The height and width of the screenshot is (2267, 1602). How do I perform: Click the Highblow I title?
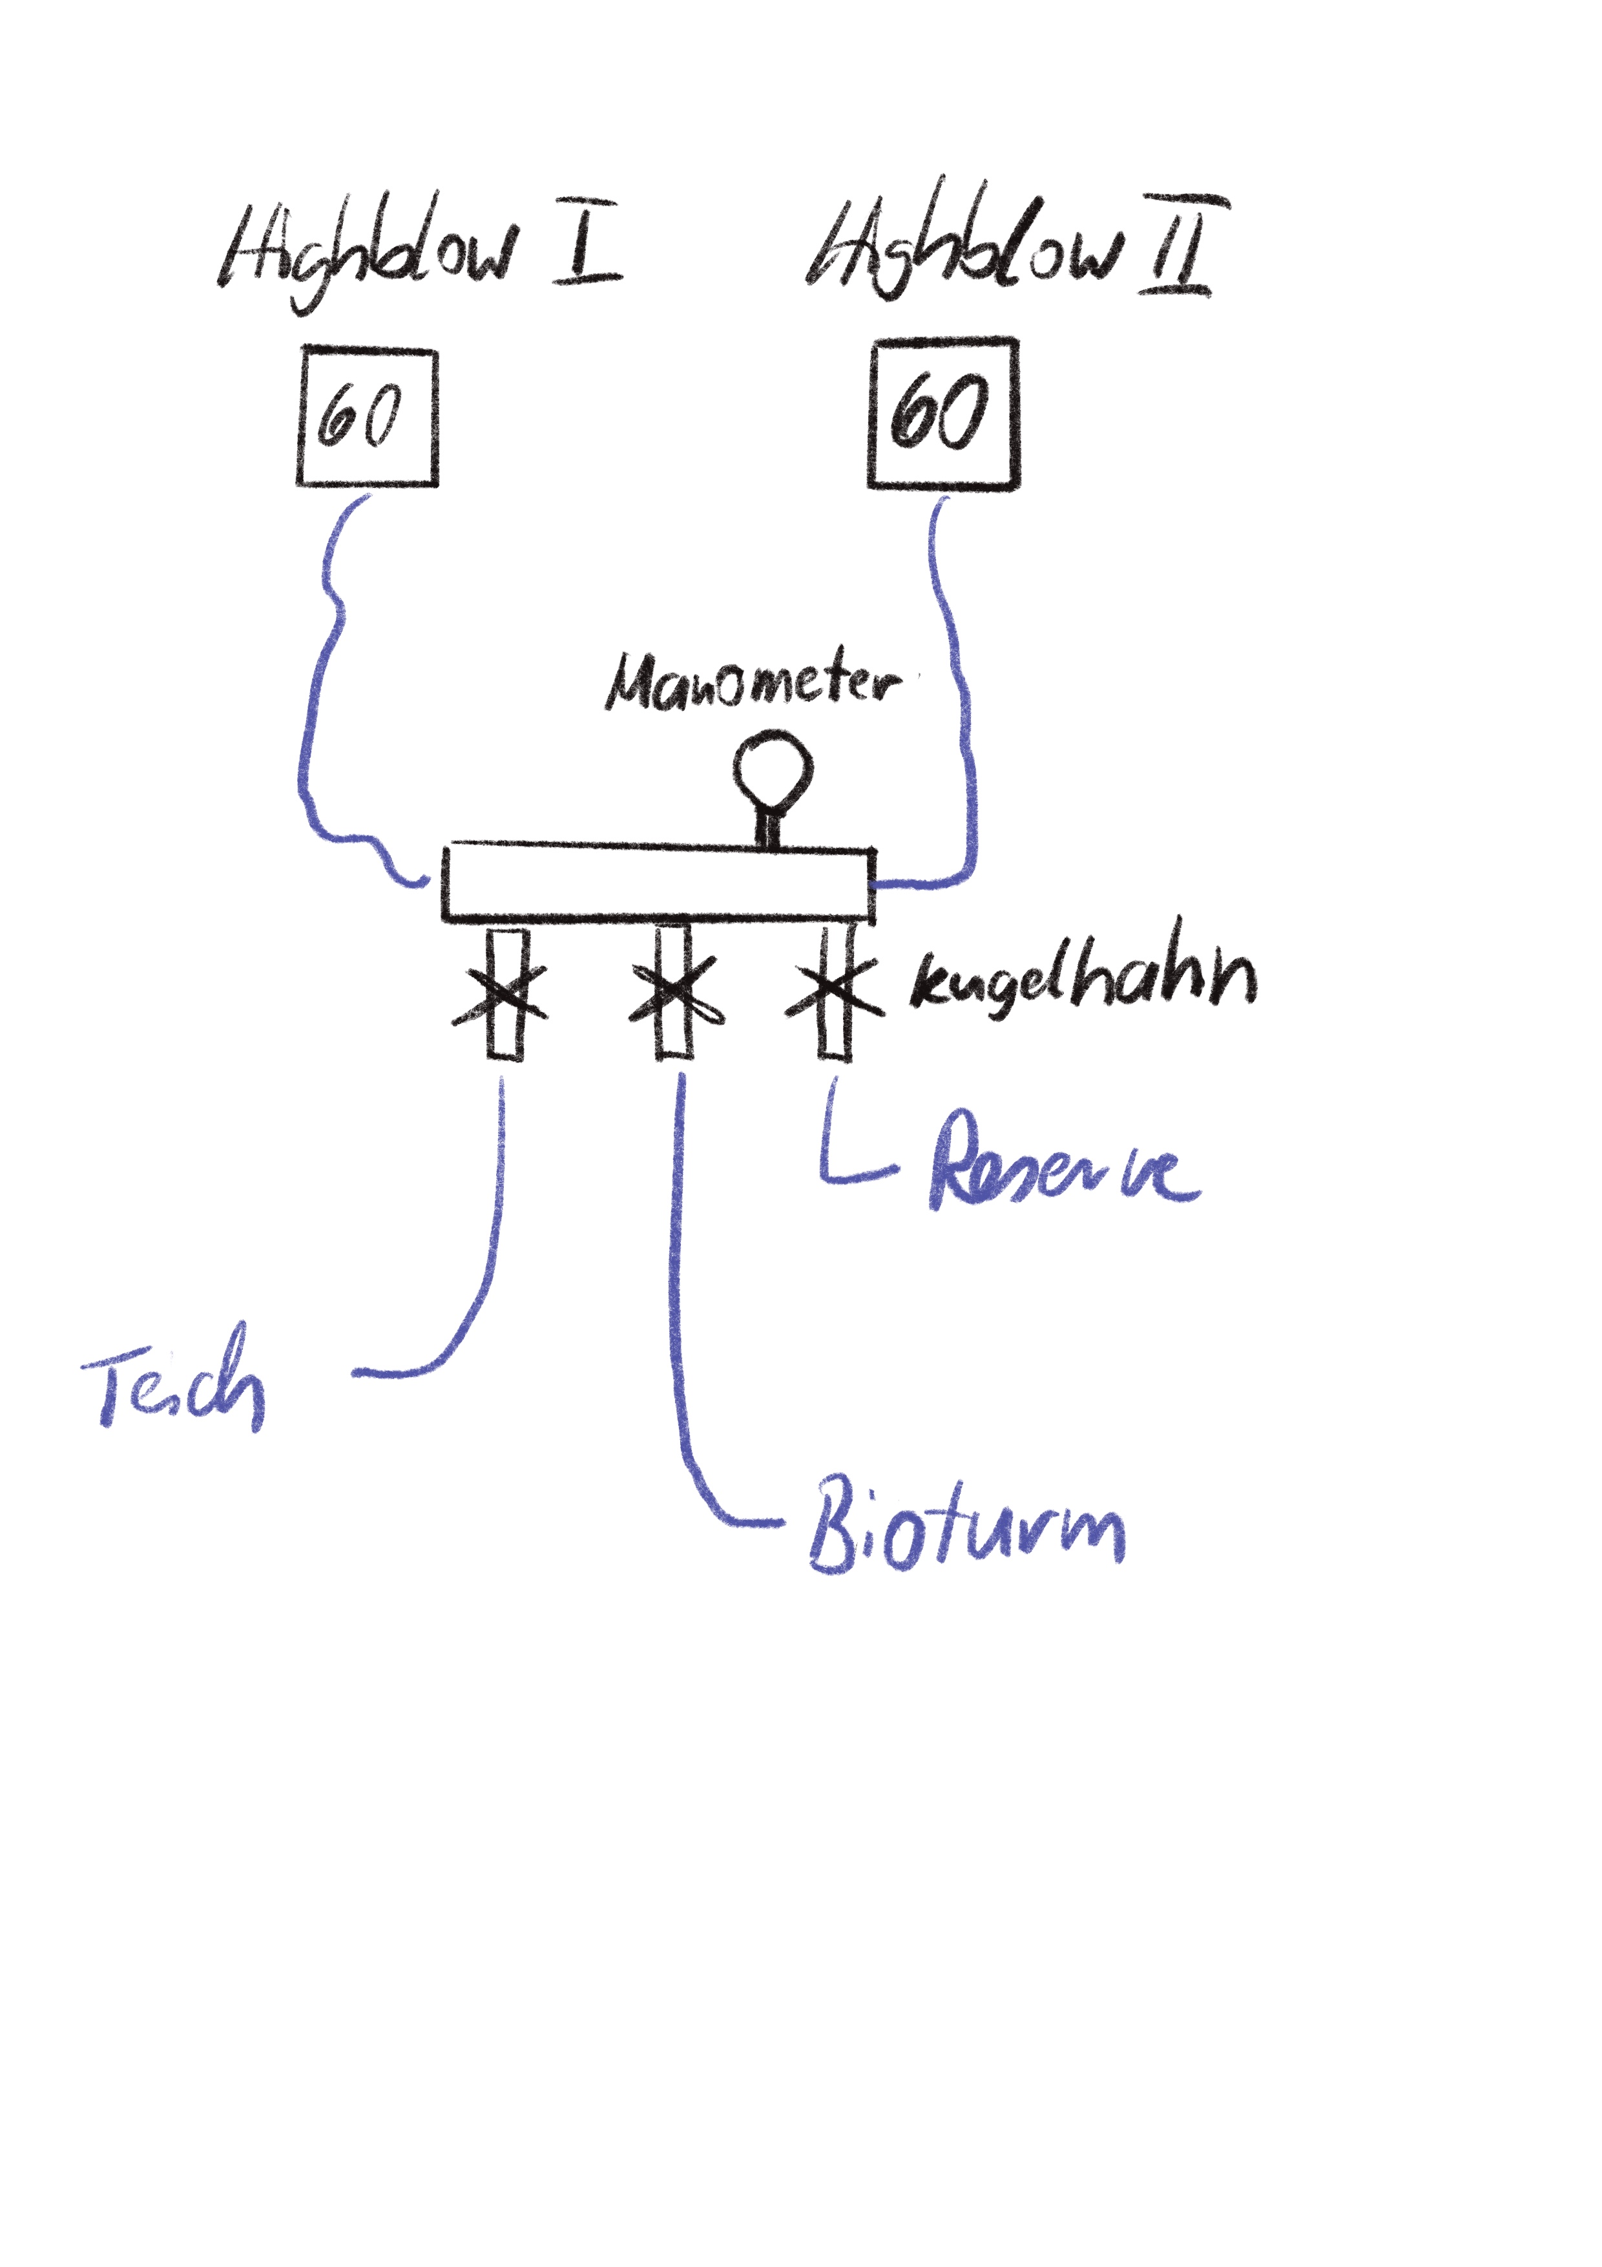coord(419,247)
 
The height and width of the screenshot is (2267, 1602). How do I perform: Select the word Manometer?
coord(752,681)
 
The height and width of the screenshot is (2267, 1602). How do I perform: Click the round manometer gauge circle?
coord(773,769)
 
